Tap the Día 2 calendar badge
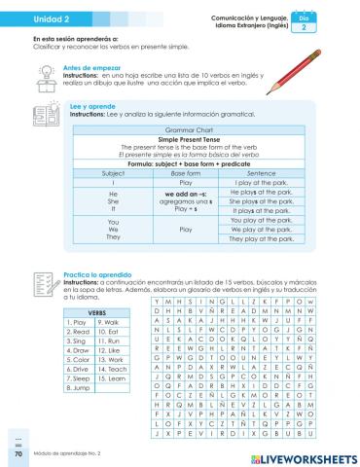tap(332, 23)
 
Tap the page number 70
tap(18, 452)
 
